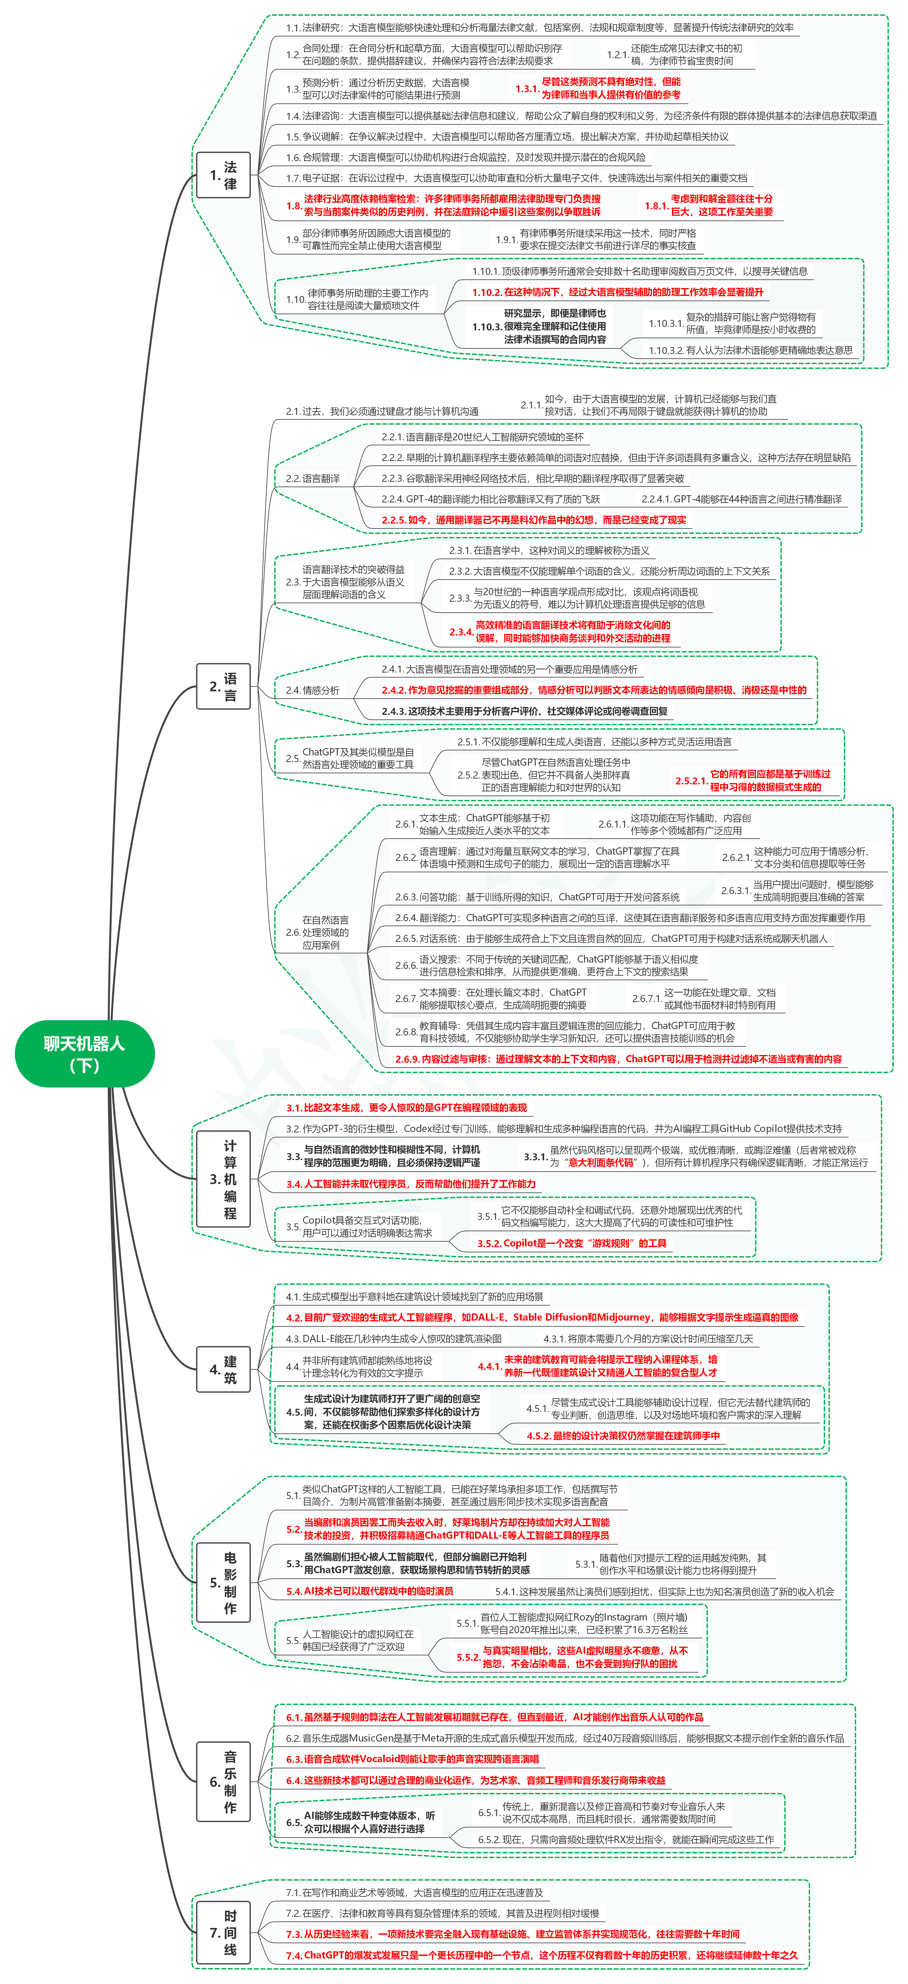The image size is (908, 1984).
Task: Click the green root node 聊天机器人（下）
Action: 85,1054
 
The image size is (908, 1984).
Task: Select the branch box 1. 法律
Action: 223,176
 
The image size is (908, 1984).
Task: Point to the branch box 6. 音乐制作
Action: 223,1781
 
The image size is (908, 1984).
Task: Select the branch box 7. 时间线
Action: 223,1932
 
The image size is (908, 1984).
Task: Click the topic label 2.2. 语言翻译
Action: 313,478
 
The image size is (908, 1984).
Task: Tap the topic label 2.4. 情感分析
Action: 313,690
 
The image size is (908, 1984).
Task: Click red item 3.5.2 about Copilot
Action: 571,1243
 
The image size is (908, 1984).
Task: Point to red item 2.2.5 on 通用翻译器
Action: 534,520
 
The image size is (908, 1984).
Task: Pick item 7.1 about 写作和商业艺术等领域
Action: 414,1892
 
